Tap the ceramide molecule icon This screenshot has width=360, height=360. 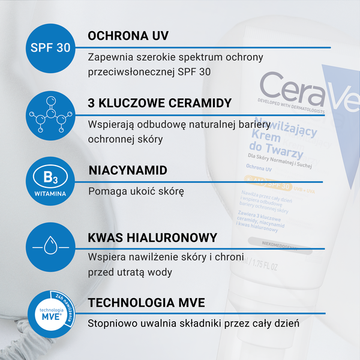pyautogui.click(x=50, y=116)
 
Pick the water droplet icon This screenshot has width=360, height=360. pyautogui.click(x=50, y=247)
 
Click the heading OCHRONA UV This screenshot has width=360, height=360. pyautogui.click(x=127, y=35)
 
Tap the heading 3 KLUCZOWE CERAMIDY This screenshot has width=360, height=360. pyautogui.click(x=159, y=103)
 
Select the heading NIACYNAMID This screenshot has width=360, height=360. pyautogui.click(x=127, y=170)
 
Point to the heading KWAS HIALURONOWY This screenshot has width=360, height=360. pyautogui.click(x=152, y=238)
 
